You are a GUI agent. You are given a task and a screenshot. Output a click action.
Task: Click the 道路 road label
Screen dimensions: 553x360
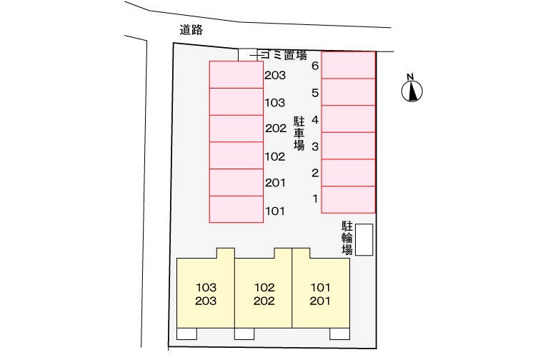pos(191,30)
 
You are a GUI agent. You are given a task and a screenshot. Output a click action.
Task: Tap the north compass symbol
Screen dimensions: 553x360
pos(412,89)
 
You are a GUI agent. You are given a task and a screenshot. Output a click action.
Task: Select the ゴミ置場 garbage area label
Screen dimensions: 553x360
pos(284,55)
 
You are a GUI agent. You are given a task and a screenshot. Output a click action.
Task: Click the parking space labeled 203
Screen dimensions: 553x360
pos(236,75)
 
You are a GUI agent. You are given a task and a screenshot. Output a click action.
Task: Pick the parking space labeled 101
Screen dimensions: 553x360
pos(236,209)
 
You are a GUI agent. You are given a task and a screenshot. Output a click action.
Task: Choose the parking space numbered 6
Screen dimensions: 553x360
pos(348,65)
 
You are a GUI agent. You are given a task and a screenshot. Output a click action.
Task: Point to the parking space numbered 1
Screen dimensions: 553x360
pos(348,199)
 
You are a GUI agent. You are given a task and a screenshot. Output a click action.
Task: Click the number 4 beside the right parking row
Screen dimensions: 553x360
pos(315,120)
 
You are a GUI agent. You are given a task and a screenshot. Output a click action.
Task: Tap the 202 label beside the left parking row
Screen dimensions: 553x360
pos(276,129)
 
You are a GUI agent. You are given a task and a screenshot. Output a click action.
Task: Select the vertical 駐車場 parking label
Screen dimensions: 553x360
pos(299,134)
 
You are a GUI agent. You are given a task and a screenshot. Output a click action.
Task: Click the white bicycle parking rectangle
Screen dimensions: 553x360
pos(364,239)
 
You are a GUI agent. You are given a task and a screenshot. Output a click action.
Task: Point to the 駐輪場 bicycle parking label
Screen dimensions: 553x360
pos(347,238)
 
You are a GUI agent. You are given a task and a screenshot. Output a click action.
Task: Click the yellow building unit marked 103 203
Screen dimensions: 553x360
pos(206,289)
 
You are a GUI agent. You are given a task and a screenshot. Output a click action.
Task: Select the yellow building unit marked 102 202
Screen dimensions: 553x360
pos(264,289)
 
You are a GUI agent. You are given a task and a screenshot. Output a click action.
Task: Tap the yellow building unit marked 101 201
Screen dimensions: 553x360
pos(321,289)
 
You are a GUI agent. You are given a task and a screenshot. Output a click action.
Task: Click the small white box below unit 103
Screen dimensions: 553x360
pos(186,334)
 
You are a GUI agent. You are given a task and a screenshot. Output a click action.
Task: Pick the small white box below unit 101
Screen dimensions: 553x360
pos(339,334)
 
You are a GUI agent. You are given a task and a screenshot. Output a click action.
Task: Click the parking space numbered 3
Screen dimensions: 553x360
pos(348,146)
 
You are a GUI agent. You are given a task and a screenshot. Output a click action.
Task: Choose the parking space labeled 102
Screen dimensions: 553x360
pos(236,156)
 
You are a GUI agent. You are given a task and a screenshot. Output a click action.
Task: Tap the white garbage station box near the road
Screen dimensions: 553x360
pos(248,55)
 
